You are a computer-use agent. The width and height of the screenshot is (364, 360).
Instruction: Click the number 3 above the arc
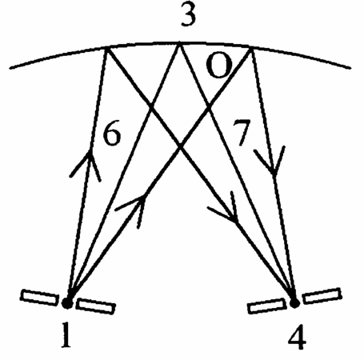pyautogui.click(x=189, y=14)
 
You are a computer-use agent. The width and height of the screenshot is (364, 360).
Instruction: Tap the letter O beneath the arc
pyautogui.click(x=218, y=66)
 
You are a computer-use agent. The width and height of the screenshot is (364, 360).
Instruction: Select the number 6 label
pyautogui.click(x=112, y=134)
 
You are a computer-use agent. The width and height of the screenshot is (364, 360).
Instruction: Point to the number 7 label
pyautogui.click(x=242, y=133)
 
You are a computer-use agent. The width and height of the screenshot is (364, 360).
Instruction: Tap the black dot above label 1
pyautogui.click(x=67, y=303)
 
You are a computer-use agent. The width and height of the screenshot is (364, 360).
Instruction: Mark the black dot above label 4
pyautogui.click(x=294, y=302)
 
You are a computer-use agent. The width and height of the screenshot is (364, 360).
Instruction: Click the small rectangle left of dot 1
pyautogui.click(x=39, y=298)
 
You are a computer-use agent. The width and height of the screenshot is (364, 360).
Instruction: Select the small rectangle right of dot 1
pyautogui.click(x=95, y=306)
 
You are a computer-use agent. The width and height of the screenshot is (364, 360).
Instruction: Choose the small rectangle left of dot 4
pyautogui.click(x=266, y=306)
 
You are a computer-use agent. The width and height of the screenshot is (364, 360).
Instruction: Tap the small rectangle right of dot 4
pyautogui.click(x=322, y=296)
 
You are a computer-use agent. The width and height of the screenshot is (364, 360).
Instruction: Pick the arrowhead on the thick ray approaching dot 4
pyautogui.click(x=226, y=208)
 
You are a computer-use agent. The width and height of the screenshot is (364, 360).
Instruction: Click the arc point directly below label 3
pyautogui.click(x=179, y=42)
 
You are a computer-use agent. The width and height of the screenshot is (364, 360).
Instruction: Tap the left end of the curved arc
pyautogui.click(x=10, y=68)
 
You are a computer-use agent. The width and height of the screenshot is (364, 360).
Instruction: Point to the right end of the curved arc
pyautogui.click(x=350, y=68)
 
